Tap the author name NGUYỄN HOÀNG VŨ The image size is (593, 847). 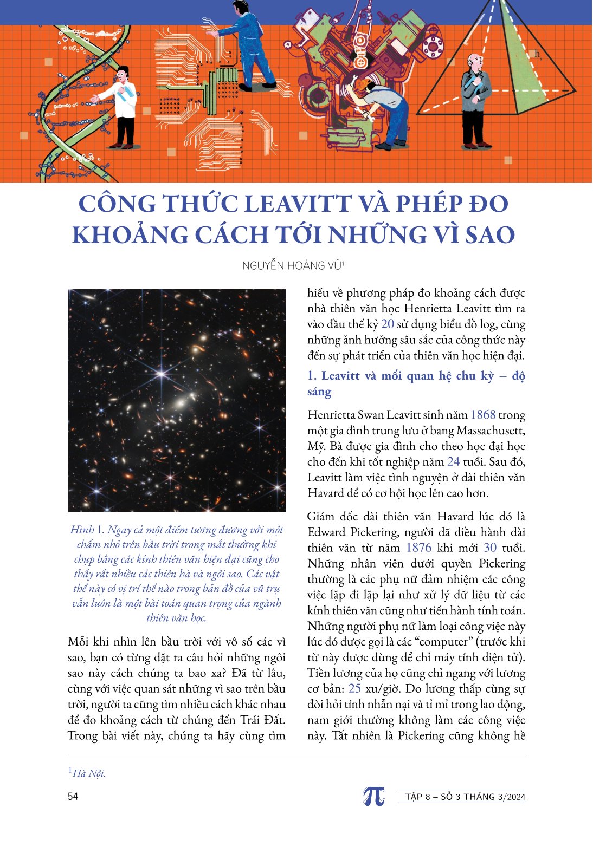point(292,265)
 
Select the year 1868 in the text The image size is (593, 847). point(483,415)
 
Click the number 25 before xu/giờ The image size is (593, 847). point(354,688)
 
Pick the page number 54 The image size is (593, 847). point(73,796)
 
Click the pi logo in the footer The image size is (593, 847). point(373,796)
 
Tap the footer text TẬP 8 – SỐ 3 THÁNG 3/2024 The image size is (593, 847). point(465,797)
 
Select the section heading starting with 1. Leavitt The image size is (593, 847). point(416,383)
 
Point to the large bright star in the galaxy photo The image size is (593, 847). point(161,374)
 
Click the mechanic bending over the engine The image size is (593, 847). point(385,108)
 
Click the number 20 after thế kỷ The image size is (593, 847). point(388,324)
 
